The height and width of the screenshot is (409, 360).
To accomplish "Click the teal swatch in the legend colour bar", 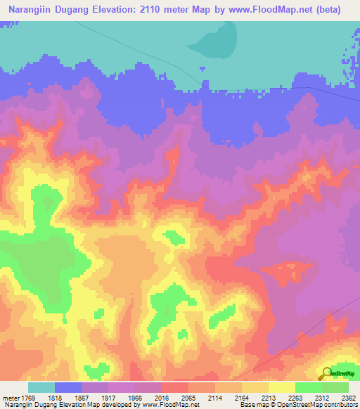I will tap(41, 387).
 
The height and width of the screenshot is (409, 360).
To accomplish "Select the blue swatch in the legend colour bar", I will tap(68, 387).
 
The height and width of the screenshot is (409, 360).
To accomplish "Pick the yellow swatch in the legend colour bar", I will tap(281, 387).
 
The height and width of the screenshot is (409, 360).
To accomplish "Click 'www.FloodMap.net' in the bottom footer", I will tap(169, 404).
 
